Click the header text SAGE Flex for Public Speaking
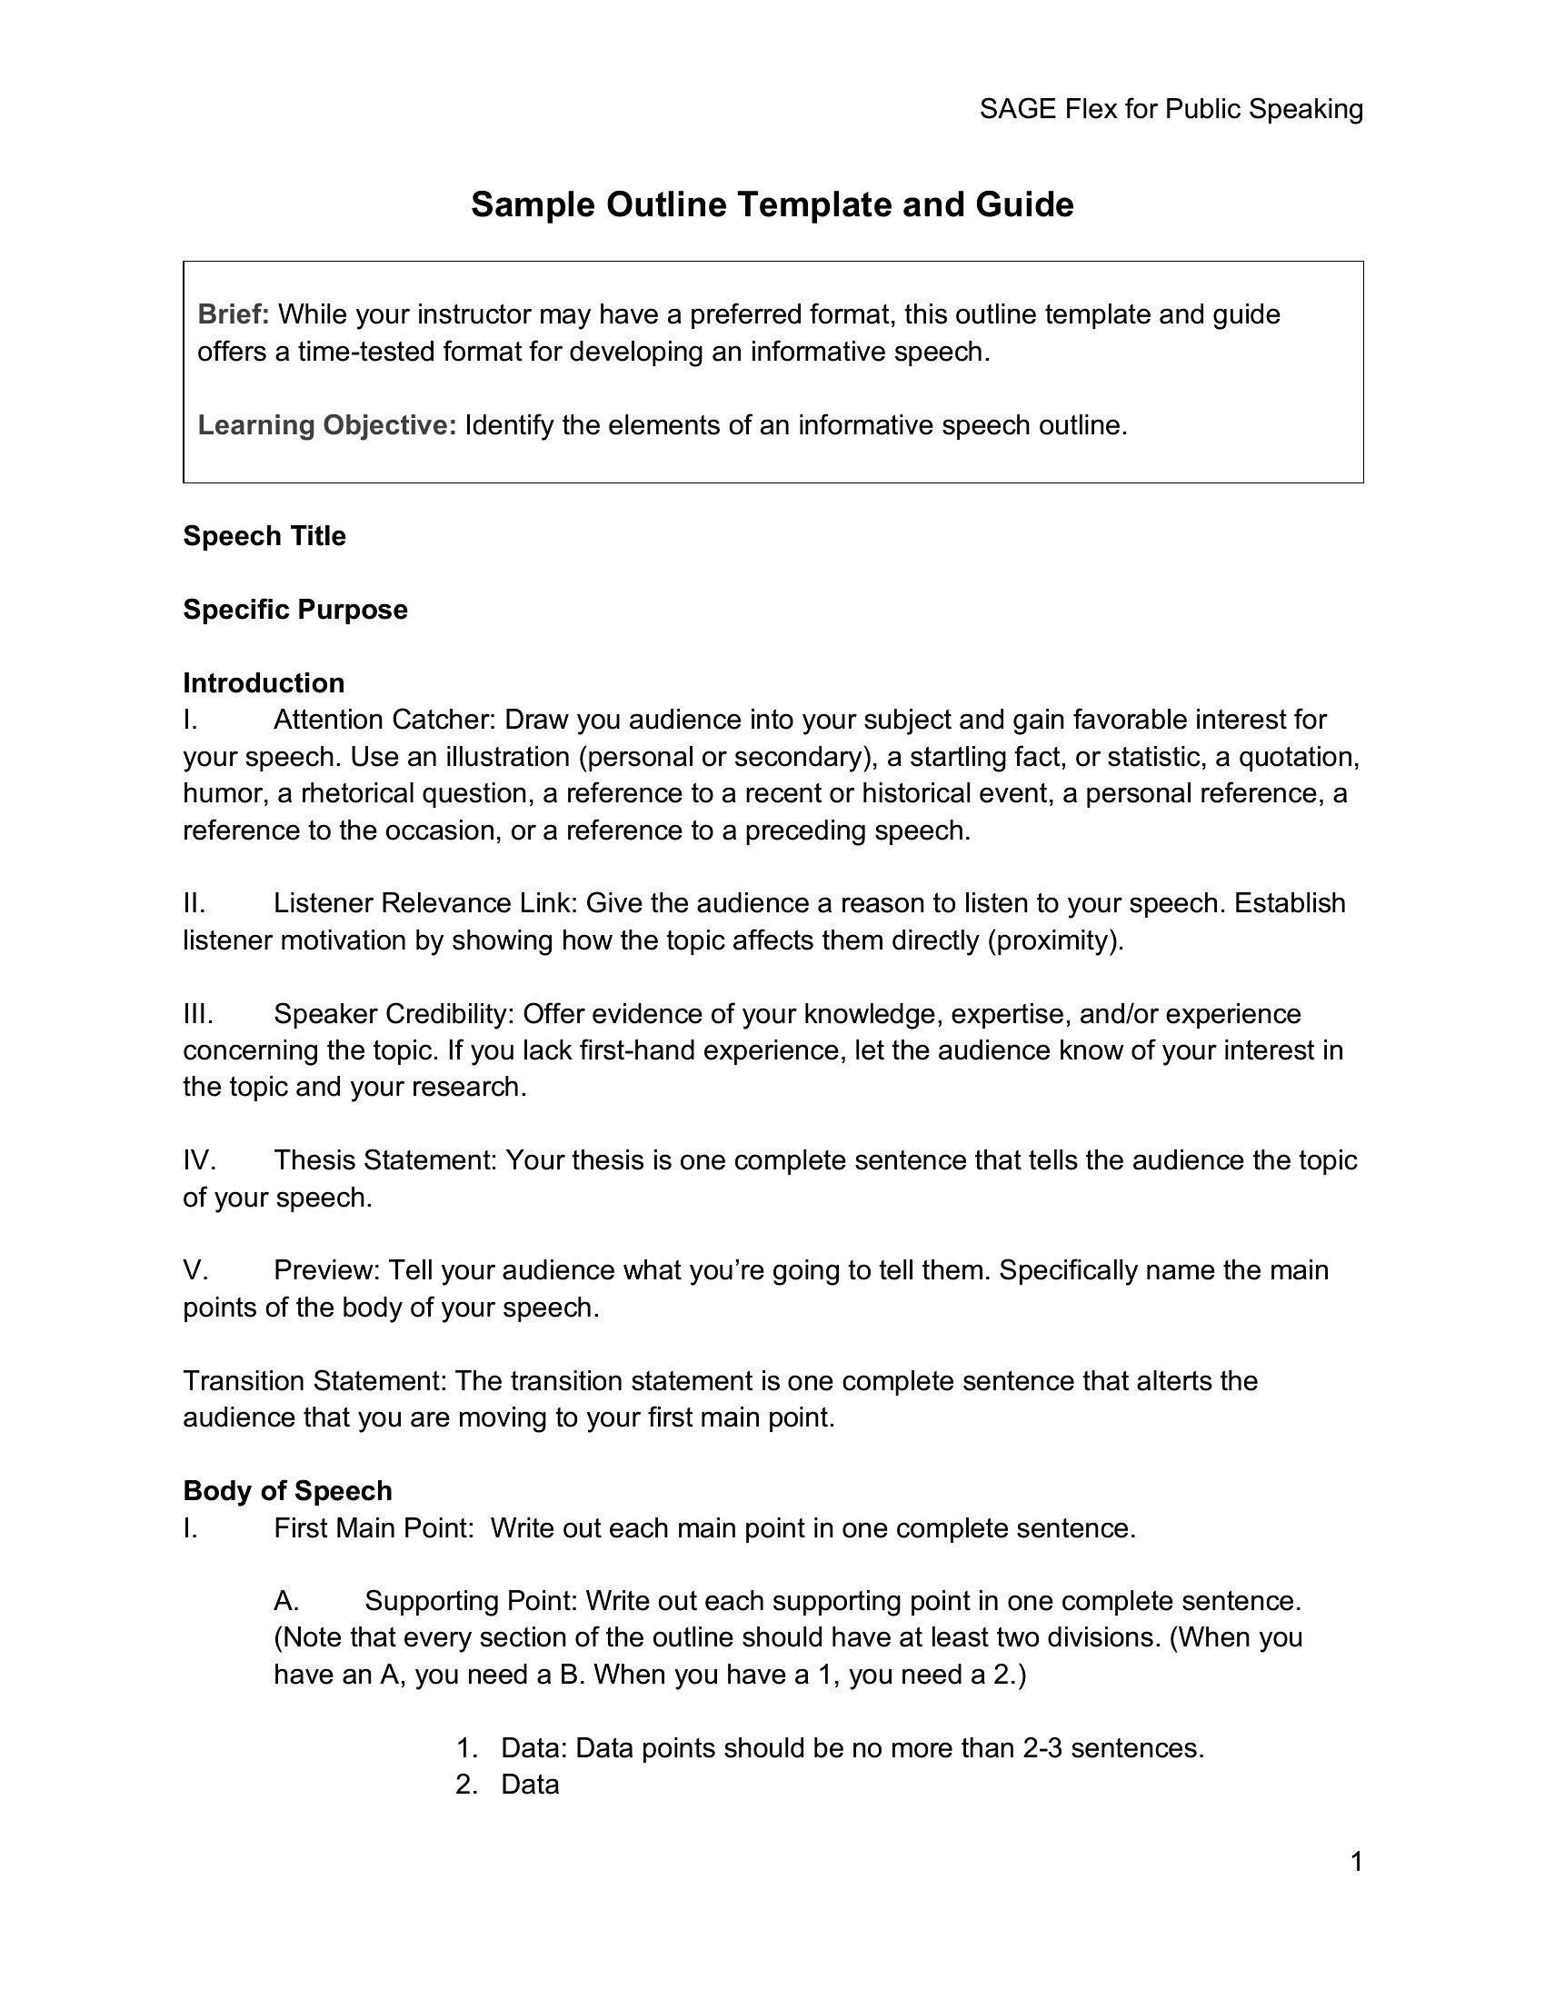tap(1171, 110)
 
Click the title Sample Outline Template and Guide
tap(772, 204)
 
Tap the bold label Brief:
tap(233, 315)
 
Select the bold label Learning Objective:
tap(327, 425)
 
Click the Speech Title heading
tap(264, 536)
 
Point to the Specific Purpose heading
tap(294, 610)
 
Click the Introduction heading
tap(264, 682)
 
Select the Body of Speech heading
tap(287, 1491)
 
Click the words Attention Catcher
tap(384, 721)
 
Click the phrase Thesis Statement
tap(384, 1160)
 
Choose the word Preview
tap(326, 1270)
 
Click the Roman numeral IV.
tap(199, 1160)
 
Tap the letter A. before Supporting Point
tap(286, 1601)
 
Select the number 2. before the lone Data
tap(467, 1785)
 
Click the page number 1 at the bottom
tap(1357, 1863)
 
